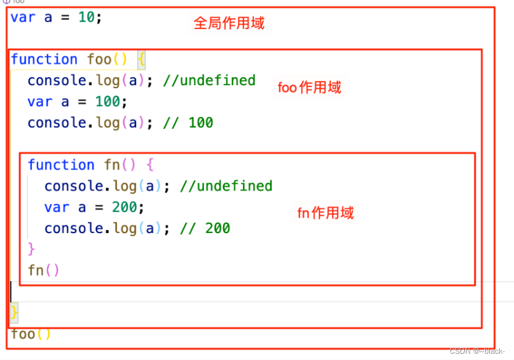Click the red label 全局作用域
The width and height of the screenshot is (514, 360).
pos(229,23)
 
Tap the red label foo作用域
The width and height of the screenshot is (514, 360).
pos(309,88)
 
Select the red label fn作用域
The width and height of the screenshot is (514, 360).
pos(325,213)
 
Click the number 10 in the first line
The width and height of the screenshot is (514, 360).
pos(86,17)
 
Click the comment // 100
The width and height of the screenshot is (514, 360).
pos(188,123)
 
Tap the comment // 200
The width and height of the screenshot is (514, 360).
pos(205,228)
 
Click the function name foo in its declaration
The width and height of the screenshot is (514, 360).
pos(99,59)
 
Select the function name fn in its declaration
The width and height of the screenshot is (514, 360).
pos(112,165)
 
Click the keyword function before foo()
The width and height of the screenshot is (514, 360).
pos(44,59)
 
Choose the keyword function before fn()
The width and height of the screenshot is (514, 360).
pos(61,165)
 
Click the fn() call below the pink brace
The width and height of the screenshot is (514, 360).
pos(43,270)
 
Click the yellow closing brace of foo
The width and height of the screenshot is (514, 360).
pos(15,312)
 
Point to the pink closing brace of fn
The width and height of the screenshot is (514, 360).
pos(32,249)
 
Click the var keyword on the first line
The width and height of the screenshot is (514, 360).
pos(23,17)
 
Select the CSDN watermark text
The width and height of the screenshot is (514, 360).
pos(478,351)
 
